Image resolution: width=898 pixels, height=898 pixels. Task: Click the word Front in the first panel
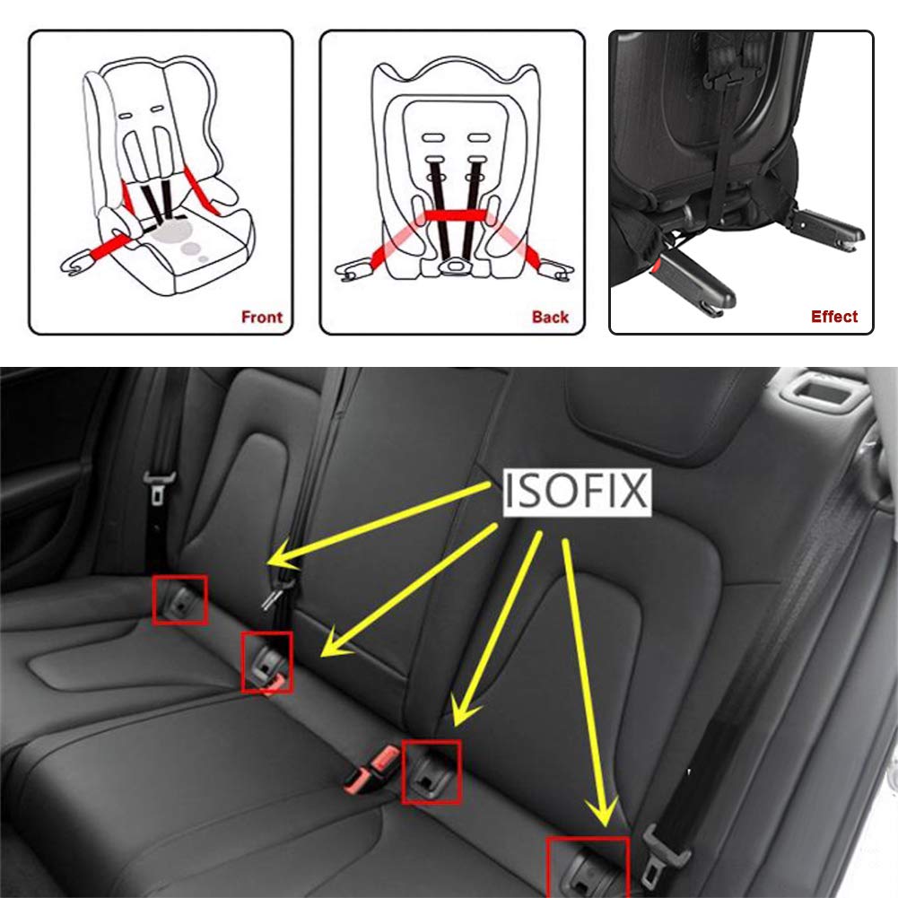click(261, 317)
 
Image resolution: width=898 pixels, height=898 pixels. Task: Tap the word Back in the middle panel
click(550, 317)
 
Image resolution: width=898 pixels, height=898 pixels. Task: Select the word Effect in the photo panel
click(833, 317)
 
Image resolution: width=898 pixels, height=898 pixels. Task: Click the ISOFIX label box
click(575, 493)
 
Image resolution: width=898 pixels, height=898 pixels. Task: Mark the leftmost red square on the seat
click(179, 600)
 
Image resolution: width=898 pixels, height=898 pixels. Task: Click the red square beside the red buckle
click(432, 772)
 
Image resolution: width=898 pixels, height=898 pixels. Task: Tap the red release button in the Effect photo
click(664, 266)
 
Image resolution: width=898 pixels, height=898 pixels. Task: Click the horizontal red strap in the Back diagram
click(455, 215)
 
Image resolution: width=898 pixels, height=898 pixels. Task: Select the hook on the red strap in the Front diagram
click(75, 264)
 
